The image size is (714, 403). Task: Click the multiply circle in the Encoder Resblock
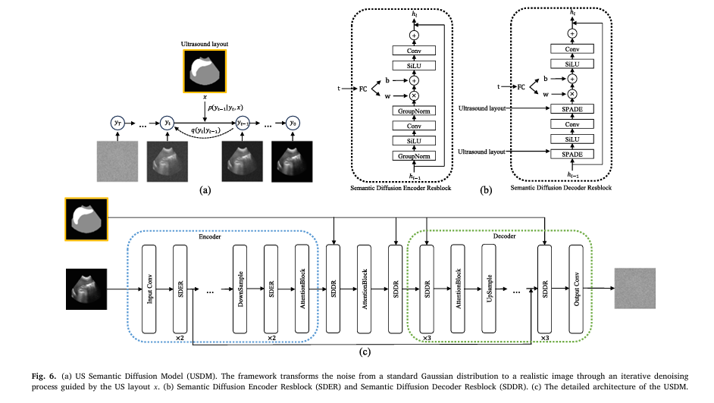pyautogui.click(x=413, y=95)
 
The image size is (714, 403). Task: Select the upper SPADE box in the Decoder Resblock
pyautogui.click(x=572, y=109)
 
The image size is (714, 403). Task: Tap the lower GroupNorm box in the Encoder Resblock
pyautogui.click(x=413, y=155)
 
